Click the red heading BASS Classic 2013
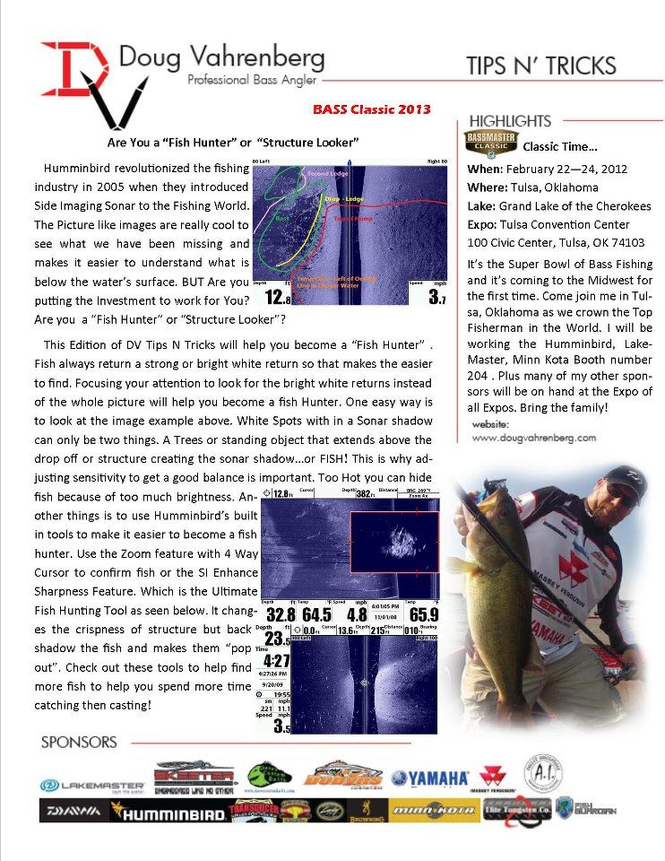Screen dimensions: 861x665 [372, 109]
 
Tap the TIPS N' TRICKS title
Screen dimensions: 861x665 [540, 65]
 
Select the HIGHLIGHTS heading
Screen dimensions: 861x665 [509, 120]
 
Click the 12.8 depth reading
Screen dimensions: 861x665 [276, 295]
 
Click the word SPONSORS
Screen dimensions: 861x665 [80, 742]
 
